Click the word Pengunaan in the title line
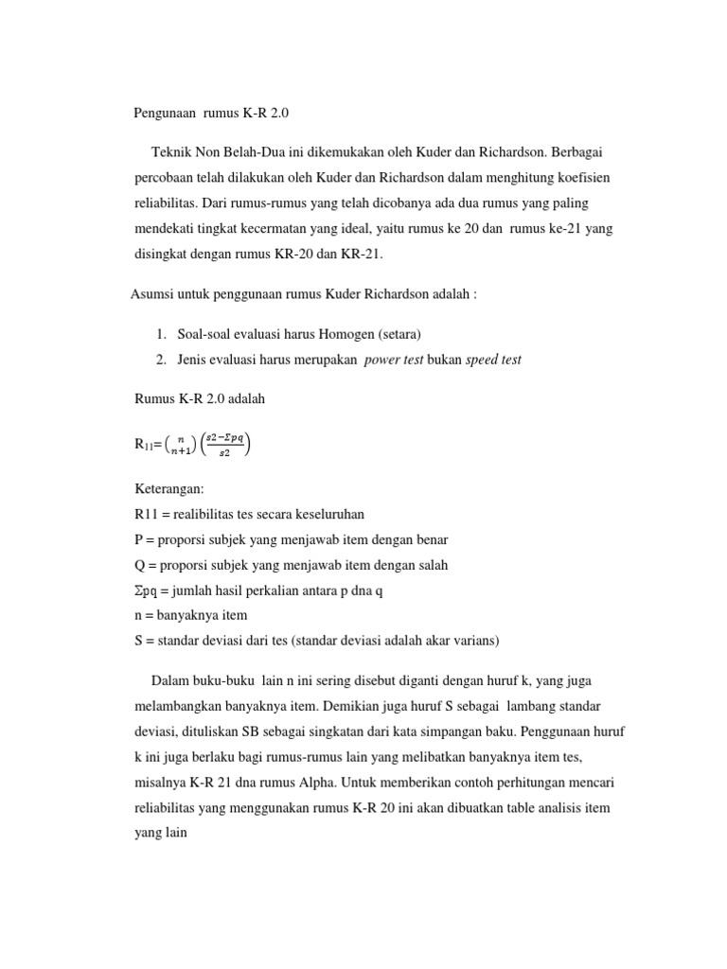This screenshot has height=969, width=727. [165, 113]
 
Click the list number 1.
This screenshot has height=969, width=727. [161, 334]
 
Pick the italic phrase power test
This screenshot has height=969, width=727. [393, 359]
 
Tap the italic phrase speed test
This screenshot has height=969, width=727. [493, 359]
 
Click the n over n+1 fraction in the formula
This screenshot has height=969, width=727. [181, 445]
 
